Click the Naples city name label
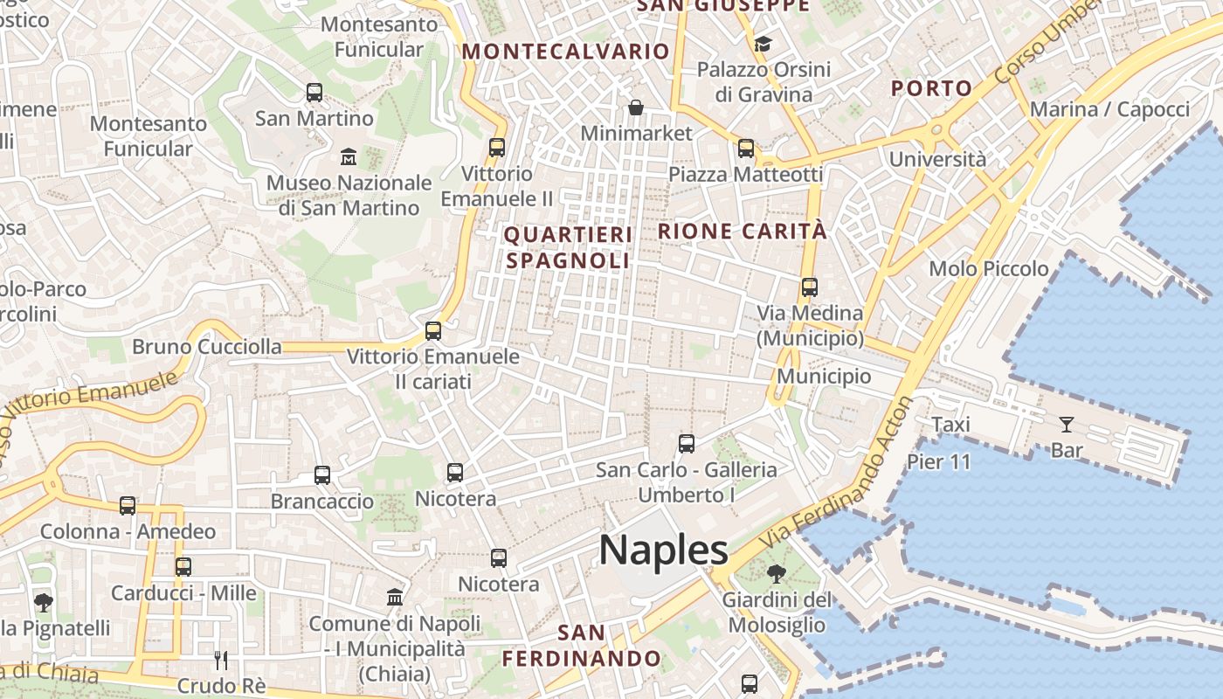pyautogui.click(x=663, y=550)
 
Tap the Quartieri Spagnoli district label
pyautogui.click(x=568, y=247)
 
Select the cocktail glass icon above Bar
pyautogui.click(x=1066, y=425)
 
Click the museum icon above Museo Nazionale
pyautogui.click(x=349, y=157)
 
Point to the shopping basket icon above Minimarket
pyautogui.click(x=636, y=107)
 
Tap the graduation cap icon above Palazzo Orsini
pyautogui.click(x=763, y=44)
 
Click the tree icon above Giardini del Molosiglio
pyautogui.click(x=776, y=574)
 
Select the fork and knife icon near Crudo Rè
pyautogui.click(x=221, y=660)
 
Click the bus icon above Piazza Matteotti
pyautogui.click(x=745, y=149)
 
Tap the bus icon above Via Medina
pyautogui.click(x=810, y=287)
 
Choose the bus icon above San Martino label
pyautogui.click(x=314, y=92)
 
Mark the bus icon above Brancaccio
pyautogui.click(x=322, y=475)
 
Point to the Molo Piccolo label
pyautogui.click(x=989, y=268)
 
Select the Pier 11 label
pyautogui.click(x=939, y=461)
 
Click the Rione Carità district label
pyautogui.click(x=742, y=232)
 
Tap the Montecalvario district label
pyautogui.click(x=565, y=51)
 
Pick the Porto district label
pyautogui.click(x=931, y=87)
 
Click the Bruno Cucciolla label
pyautogui.click(x=195, y=347)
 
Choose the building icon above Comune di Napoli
pyautogui.click(x=395, y=598)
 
